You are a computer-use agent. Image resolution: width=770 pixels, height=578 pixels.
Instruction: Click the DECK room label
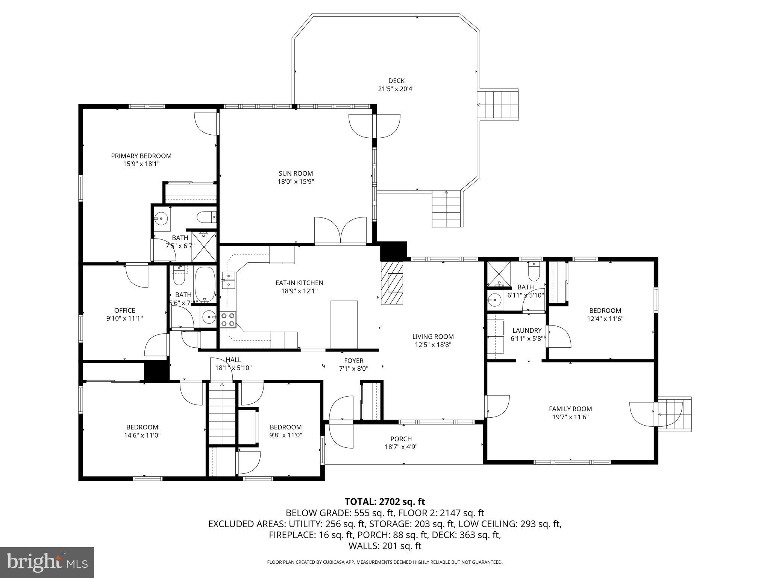pyautogui.click(x=396, y=81)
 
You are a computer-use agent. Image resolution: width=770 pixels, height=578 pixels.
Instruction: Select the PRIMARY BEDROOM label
pyautogui.click(x=141, y=156)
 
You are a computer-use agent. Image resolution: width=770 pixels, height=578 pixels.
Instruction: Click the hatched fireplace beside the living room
pyautogui.click(x=392, y=283)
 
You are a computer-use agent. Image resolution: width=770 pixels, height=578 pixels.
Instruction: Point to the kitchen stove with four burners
pyautogui.click(x=228, y=319)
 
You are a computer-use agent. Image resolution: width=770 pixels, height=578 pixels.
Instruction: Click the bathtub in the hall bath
pyautogui.click(x=205, y=285)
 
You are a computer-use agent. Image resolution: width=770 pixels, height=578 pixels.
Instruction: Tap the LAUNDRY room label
pyautogui.click(x=527, y=330)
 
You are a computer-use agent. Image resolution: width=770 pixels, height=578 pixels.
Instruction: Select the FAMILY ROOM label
pyautogui.click(x=570, y=409)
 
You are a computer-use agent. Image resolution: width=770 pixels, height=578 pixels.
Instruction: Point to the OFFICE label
pyautogui.click(x=124, y=310)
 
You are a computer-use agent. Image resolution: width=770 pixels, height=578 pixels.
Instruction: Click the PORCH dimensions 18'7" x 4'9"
pyautogui.click(x=401, y=447)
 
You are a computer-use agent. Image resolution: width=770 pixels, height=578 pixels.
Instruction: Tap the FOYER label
pyautogui.click(x=353, y=360)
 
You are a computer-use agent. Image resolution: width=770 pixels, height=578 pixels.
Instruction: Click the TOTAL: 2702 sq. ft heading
pyautogui.click(x=385, y=502)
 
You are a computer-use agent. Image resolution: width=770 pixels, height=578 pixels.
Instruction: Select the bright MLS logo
pyautogui.click(x=47, y=562)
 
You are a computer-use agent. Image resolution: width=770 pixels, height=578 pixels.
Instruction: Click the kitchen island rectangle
pyautogui.click(x=344, y=324)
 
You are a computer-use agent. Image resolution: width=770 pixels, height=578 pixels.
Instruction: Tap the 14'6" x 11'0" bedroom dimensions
pyautogui.click(x=142, y=435)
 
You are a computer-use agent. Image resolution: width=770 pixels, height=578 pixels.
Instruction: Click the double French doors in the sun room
pyautogui.click(x=340, y=230)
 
